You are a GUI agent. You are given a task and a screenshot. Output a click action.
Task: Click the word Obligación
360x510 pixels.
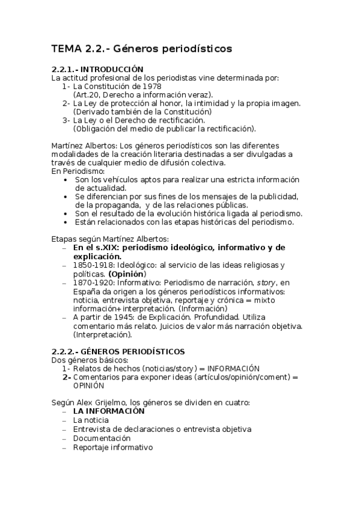99,128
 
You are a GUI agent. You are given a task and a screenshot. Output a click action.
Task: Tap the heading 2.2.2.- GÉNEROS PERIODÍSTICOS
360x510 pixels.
118,351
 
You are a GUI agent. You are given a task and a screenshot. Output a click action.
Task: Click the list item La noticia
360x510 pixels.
91,420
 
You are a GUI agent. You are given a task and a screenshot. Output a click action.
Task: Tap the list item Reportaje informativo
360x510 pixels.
112,447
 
